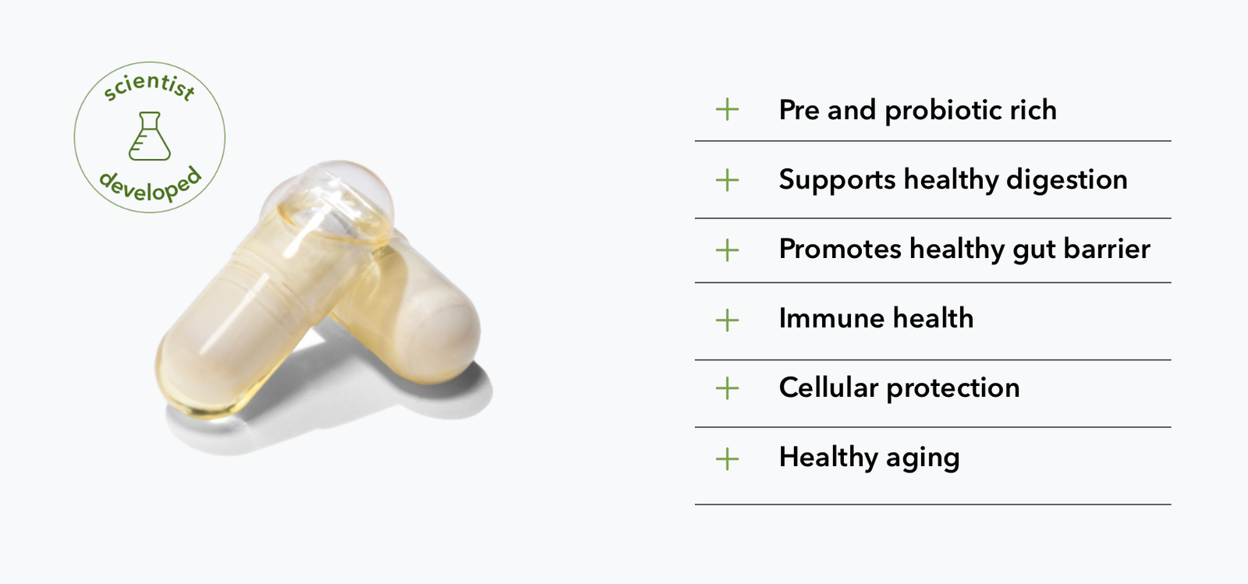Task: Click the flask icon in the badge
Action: coord(149,136)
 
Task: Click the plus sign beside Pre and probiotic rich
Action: coord(727,110)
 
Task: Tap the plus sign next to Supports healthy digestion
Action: coord(727,180)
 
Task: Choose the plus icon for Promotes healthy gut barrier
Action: coord(727,250)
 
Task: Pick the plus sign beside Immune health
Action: coord(727,320)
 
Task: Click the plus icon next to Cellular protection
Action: coord(727,388)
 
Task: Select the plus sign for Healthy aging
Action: coord(727,459)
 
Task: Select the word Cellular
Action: coord(829,388)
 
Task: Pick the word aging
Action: coord(924,458)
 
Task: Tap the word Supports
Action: coord(837,180)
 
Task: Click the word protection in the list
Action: coord(953,388)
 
